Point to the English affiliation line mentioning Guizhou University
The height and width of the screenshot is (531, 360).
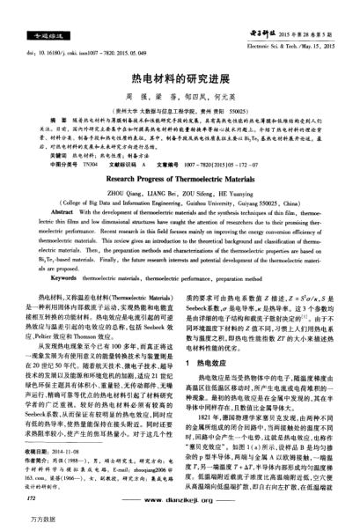[179, 201]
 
